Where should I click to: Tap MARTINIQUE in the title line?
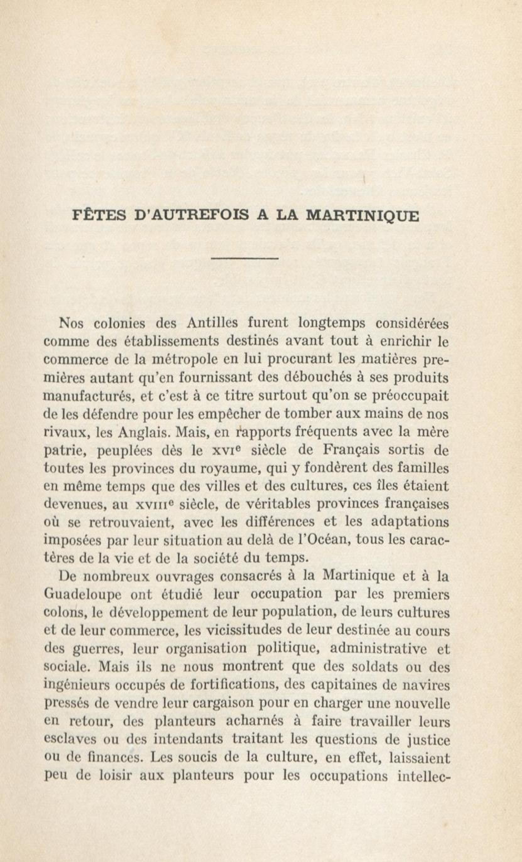[362, 215]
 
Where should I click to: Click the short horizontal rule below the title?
[244, 259]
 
